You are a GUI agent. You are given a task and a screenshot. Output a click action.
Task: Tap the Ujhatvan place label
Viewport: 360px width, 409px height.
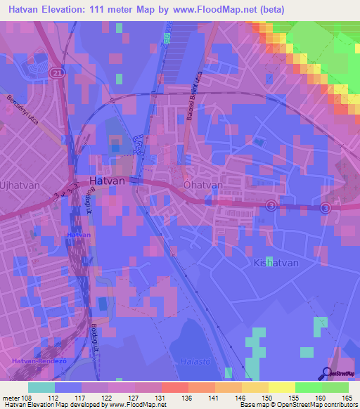(x=20, y=185)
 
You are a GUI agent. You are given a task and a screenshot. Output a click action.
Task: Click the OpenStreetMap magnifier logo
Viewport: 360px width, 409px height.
(x=328, y=375)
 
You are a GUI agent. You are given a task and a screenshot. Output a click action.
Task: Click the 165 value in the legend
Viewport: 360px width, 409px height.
(x=347, y=397)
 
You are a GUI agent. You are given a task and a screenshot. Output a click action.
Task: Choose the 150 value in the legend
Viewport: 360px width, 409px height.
(x=268, y=397)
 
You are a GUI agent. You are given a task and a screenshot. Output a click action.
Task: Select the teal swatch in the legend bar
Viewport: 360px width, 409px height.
(x=41, y=387)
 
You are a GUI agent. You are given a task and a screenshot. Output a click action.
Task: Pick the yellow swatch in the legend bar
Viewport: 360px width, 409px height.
(x=282, y=387)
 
